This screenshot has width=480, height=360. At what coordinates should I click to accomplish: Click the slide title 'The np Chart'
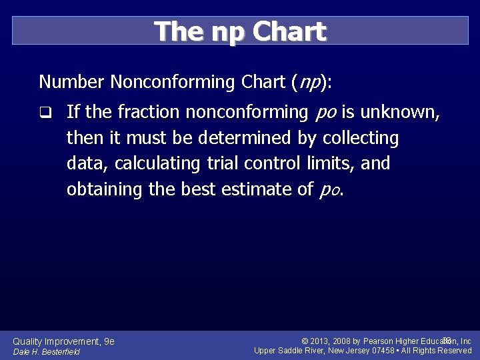240,31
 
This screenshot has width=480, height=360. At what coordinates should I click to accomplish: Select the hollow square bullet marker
45,113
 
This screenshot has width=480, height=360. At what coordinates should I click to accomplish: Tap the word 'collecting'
361,139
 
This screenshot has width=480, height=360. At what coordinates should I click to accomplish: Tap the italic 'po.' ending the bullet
332,190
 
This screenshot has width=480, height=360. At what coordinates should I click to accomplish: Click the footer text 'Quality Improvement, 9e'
64,341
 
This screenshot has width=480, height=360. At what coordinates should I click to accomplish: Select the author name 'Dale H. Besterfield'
47,352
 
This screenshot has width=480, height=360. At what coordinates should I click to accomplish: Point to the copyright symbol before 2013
304,341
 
